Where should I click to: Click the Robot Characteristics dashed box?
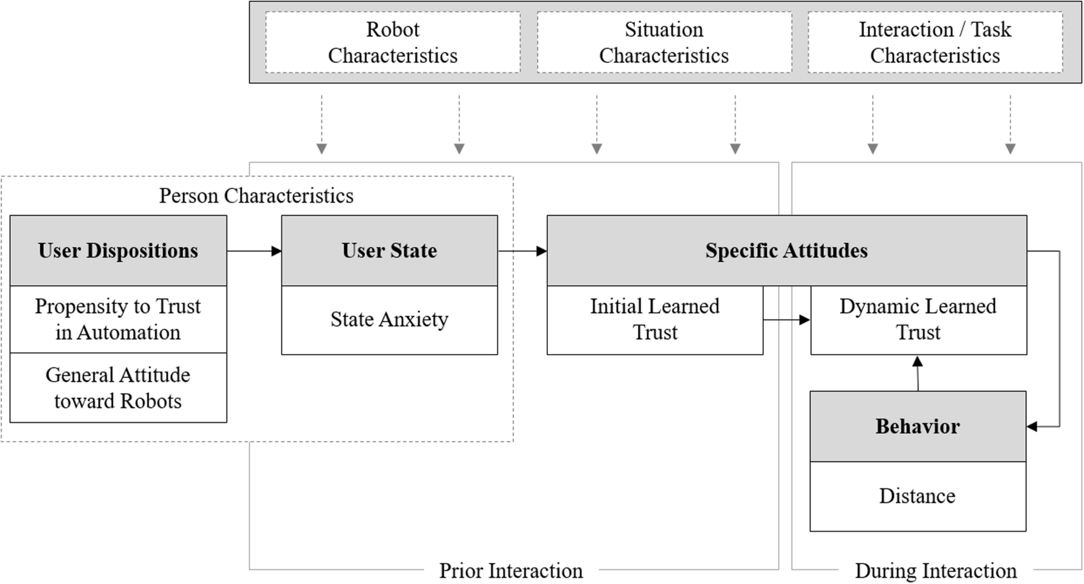tap(393, 42)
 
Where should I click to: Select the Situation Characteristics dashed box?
tap(664, 42)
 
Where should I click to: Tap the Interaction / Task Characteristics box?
tap(935, 42)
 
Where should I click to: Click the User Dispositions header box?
tap(118, 251)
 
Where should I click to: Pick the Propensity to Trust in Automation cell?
tap(118, 319)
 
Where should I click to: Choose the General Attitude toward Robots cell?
tap(118, 388)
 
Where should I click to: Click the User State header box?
tap(389, 251)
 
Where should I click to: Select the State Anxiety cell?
tap(389, 320)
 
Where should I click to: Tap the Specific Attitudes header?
tap(787, 251)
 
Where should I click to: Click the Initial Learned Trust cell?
tap(655, 320)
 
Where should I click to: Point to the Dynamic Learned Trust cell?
tap(918, 320)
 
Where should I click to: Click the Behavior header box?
tap(917, 427)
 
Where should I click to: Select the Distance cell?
tap(917, 496)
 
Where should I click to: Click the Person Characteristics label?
tap(256, 196)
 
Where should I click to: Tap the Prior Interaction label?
tap(511, 571)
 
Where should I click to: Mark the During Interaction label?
tap(936, 571)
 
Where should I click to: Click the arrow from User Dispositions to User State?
tap(254, 251)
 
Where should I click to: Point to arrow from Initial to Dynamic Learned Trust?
tap(786, 320)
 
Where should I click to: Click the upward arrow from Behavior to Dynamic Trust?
tap(917, 373)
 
